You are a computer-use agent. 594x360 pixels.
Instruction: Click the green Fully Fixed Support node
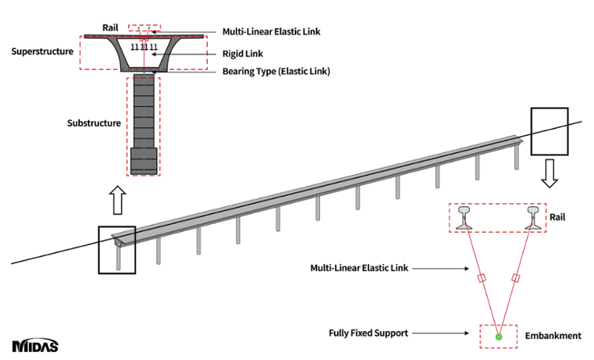coord(499,337)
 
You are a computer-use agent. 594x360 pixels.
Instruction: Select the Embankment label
coord(555,336)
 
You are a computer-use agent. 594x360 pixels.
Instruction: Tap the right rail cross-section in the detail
coord(532,216)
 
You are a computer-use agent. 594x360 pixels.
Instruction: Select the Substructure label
coord(94,123)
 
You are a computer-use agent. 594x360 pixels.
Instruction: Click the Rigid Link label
coord(243,53)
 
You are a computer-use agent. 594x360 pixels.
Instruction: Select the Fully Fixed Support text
coord(368,333)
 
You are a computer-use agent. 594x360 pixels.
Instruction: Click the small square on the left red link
coord(480,279)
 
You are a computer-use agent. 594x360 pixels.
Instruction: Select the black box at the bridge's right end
coord(549,130)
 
